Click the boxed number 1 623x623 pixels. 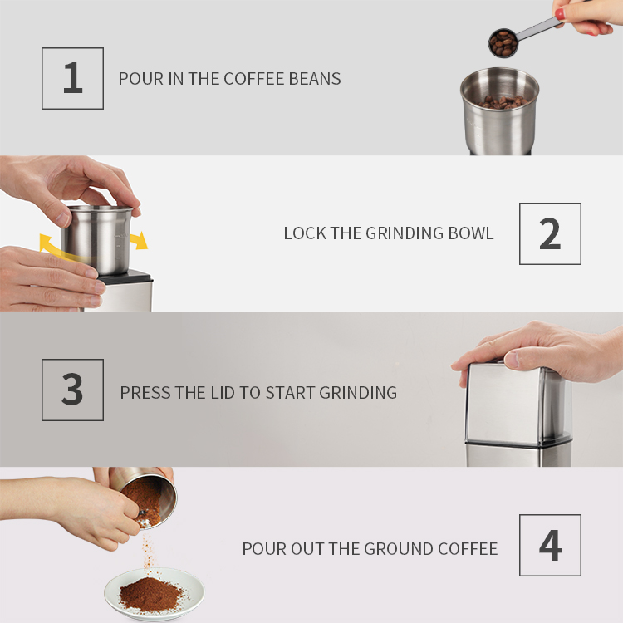73,78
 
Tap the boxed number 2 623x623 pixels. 550,233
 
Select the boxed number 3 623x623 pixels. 73,390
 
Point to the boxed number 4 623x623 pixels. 550,545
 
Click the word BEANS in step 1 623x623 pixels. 315,79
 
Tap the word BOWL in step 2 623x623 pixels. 471,233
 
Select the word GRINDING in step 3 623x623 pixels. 358,393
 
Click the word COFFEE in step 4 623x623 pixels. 468,549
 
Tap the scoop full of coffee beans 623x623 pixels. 503,43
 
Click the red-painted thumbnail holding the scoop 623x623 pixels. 560,15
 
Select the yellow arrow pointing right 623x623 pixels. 139,241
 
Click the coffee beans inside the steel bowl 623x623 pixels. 503,102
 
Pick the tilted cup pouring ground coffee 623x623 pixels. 148,498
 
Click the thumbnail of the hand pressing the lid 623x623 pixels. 512,359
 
